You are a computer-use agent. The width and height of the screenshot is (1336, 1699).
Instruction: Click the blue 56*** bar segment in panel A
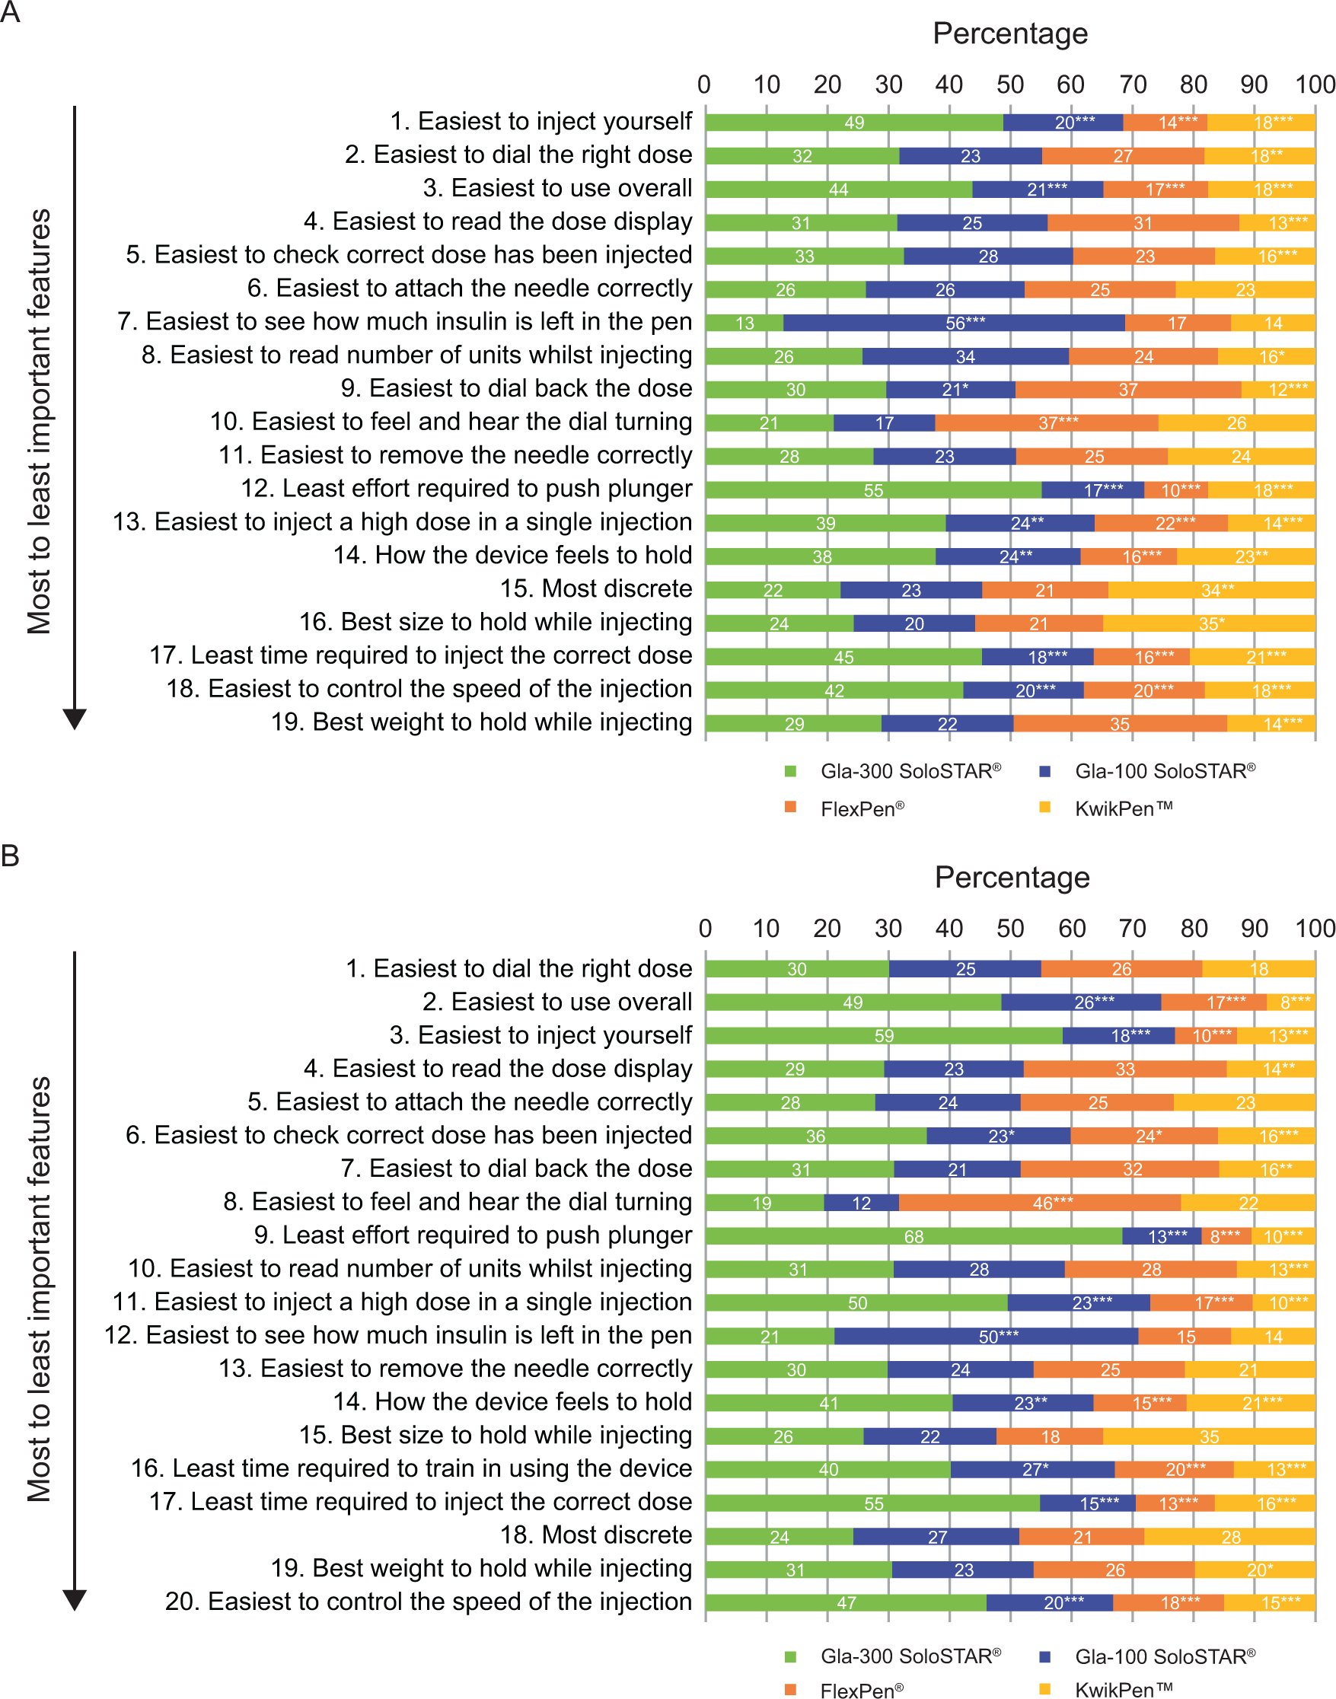click(955, 322)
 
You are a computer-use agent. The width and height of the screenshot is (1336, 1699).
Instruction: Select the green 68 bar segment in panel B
click(914, 1236)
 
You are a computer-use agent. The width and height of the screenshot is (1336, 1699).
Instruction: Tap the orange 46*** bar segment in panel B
click(1040, 1202)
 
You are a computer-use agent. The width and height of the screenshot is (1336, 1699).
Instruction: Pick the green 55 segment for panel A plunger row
click(874, 489)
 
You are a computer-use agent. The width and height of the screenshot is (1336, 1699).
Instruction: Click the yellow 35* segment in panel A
click(1210, 623)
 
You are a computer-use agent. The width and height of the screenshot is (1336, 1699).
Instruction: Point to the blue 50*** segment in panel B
click(987, 1336)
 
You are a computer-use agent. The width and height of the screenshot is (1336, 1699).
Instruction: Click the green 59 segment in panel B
click(884, 1036)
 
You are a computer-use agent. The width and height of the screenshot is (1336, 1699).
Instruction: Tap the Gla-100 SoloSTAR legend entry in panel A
click(1146, 771)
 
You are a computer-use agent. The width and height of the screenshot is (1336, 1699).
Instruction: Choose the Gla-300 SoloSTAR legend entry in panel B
click(892, 1656)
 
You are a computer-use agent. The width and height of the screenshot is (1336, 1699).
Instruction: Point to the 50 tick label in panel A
click(1010, 84)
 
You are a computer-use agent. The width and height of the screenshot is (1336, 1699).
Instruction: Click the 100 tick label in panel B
click(1315, 929)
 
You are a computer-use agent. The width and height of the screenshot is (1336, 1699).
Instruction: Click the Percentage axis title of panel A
click(1010, 33)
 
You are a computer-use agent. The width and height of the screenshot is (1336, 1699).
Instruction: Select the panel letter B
click(10, 856)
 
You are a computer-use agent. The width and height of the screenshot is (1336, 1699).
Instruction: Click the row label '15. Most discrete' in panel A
click(596, 589)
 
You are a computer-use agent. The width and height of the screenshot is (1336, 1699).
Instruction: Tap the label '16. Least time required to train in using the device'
click(411, 1469)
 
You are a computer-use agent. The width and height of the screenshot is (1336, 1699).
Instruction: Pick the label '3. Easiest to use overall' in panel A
click(558, 189)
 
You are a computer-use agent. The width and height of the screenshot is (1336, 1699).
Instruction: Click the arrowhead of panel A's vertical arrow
click(75, 719)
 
